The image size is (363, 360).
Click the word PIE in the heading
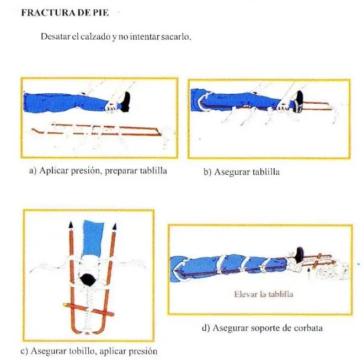point(101,13)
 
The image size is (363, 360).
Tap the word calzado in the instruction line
point(95,36)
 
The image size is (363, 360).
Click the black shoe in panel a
point(125,102)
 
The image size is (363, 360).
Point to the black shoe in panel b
point(299,101)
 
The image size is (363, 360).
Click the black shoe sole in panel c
point(88,280)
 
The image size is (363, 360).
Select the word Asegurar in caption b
point(232,172)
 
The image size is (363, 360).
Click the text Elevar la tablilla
point(264,294)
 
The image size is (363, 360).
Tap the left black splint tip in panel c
point(71,225)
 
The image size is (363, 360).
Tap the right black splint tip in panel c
point(114,226)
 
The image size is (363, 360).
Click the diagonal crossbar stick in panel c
point(89,309)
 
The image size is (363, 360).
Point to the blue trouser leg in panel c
point(93,238)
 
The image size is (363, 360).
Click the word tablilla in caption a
point(153,171)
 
